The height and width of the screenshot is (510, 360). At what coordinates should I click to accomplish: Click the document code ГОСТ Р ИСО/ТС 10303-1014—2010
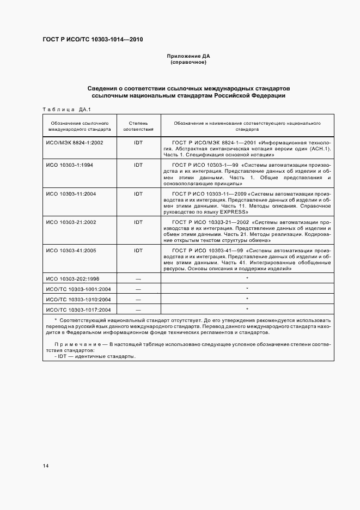pyautogui.click(x=93, y=40)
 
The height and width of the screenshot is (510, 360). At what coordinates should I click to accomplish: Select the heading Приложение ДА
pyautogui.click(x=188, y=56)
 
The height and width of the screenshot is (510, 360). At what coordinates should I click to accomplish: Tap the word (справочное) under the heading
pyautogui.click(x=188, y=62)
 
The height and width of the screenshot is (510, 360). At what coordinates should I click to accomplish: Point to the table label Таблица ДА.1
pyautogui.click(x=66, y=109)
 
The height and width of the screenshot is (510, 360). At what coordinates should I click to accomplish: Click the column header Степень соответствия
pyautogui.click(x=138, y=126)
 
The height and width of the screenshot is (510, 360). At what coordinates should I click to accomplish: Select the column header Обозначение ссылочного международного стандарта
pyautogui.click(x=79, y=126)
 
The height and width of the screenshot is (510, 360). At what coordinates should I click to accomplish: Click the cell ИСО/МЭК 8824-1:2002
pyautogui.click(x=75, y=142)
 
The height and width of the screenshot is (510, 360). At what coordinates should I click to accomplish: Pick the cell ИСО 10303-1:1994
pyautogui.click(x=70, y=165)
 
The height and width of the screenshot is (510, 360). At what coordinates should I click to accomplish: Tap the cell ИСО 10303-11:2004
pyautogui.click(x=71, y=193)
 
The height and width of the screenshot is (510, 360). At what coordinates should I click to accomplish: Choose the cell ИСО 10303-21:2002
pyautogui.click(x=71, y=222)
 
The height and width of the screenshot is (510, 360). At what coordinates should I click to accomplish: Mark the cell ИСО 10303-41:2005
pyautogui.click(x=71, y=250)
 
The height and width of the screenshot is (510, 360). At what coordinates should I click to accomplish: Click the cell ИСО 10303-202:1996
pyautogui.click(x=73, y=278)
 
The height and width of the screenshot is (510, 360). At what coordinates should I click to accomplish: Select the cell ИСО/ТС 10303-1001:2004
pyautogui.click(x=78, y=289)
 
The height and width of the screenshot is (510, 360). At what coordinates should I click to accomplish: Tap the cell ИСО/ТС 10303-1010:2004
pyautogui.click(x=78, y=299)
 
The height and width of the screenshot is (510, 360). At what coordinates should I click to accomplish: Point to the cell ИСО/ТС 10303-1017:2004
pyautogui.click(x=78, y=309)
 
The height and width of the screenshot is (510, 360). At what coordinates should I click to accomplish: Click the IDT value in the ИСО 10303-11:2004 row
pyautogui.click(x=138, y=193)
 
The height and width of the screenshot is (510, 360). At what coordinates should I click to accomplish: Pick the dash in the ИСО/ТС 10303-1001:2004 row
pyautogui.click(x=138, y=289)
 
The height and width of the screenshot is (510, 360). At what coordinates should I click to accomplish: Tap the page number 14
pyautogui.click(x=46, y=465)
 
